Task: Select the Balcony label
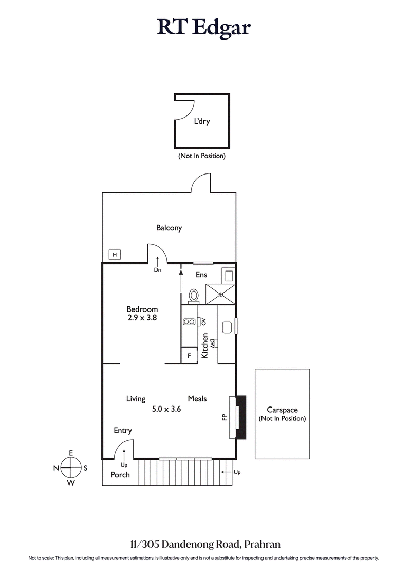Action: (x=169, y=228)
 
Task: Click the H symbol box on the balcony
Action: (x=115, y=254)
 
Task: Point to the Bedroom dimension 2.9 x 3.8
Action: (x=142, y=318)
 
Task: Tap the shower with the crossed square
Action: (x=220, y=294)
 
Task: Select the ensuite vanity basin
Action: (x=228, y=275)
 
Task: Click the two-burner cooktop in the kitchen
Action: (x=189, y=322)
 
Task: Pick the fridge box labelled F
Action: (x=189, y=355)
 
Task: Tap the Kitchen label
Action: (x=204, y=345)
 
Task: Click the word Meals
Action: (x=197, y=398)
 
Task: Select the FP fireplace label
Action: (x=225, y=417)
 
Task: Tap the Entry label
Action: (x=123, y=431)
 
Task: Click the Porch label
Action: (x=120, y=475)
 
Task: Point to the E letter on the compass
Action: (x=71, y=452)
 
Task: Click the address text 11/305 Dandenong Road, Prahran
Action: (x=205, y=544)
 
